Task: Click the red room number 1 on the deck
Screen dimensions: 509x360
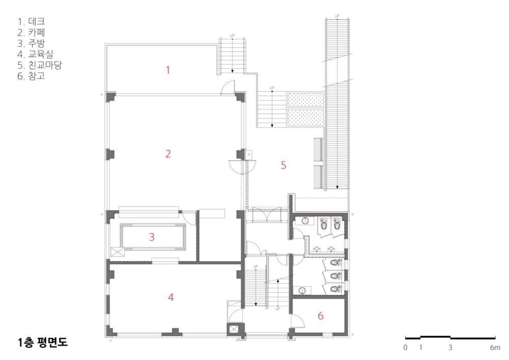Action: [168, 70]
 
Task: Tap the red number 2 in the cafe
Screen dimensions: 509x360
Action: [168, 154]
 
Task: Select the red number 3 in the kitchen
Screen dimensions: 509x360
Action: [152, 237]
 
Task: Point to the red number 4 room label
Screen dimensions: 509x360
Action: [171, 297]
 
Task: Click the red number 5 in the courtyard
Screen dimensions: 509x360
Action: [284, 165]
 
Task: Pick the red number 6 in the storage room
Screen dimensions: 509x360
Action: [320, 316]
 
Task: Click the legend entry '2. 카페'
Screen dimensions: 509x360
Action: [31, 33]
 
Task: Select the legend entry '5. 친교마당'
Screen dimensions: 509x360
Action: [40, 65]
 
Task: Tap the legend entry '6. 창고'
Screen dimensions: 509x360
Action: [31, 76]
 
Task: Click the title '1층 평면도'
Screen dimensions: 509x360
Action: [43, 342]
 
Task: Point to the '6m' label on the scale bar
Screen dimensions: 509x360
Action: [495, 348]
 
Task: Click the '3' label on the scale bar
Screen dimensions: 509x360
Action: [450, 348]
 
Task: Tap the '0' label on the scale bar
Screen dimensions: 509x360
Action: [406, 348]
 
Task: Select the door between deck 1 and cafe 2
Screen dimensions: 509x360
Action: [228, 88]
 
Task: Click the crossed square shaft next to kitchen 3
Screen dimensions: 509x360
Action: [118, 252]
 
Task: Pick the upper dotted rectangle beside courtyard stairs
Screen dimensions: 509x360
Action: [306, 100]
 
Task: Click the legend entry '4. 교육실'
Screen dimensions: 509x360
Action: [36, 54]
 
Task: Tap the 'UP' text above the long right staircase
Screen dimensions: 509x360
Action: [337, 16]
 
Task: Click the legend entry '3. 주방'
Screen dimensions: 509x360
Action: [31, 43]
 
